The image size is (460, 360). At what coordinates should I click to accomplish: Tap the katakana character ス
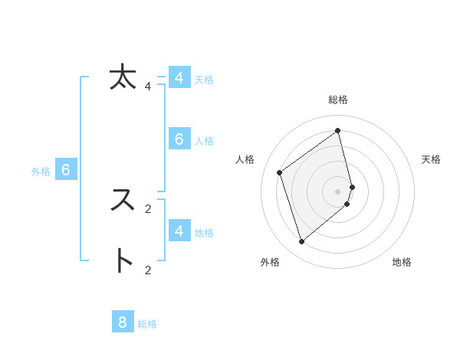point(123,200)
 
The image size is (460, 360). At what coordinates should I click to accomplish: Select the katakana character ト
point(123,261)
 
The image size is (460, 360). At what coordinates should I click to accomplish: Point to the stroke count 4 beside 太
point(148,87)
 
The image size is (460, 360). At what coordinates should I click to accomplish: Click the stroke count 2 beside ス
point(148,208)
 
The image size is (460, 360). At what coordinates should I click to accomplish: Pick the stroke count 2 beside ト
point(148,270)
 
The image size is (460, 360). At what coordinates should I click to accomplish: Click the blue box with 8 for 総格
point(123,322)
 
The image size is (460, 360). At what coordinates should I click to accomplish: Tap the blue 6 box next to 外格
point(66,170)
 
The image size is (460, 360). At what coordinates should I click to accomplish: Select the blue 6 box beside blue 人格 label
point(179,139)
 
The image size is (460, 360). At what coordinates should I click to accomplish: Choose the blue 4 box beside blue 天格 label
point(179,78)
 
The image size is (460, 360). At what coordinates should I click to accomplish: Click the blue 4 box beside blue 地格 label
point(179,231)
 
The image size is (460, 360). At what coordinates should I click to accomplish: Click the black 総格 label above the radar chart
point(338,100)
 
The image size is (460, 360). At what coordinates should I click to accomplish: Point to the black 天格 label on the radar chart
point(431,159)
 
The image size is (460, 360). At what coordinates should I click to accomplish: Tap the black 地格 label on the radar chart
point(402,263)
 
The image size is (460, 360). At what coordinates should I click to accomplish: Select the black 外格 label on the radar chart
point(270,263)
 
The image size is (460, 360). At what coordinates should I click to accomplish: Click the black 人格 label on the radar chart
point(245,159)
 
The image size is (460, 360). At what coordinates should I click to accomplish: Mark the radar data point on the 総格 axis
point(338,130)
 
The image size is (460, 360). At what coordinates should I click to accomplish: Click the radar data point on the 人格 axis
point(280,172)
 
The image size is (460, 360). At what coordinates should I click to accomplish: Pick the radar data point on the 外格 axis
point(302,242)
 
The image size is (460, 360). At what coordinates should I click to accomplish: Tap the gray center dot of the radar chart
point(338,191)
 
